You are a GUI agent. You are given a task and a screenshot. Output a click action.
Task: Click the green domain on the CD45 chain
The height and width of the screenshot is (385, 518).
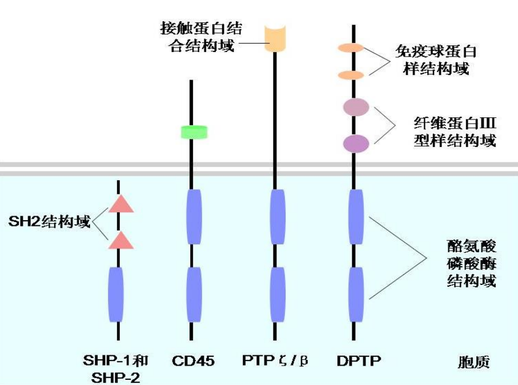[x=194, y=132]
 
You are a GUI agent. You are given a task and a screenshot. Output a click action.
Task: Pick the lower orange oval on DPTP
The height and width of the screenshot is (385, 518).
[x=351, y=75]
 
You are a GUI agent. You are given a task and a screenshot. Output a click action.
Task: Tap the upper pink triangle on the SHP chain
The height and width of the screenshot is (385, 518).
[x=121, y=204]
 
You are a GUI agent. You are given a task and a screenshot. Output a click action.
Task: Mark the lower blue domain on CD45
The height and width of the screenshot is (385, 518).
[x=194, y=294]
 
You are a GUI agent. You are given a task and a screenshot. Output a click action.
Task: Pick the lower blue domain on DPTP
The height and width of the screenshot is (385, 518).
[x=356, y=294]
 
